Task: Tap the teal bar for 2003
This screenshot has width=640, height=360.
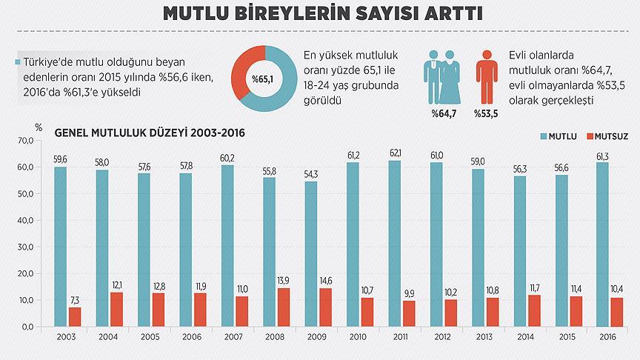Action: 60,247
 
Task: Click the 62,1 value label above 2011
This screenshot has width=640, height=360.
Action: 396,153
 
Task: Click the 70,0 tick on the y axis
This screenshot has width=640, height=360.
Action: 25,140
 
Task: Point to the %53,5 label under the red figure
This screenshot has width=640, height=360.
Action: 486,113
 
